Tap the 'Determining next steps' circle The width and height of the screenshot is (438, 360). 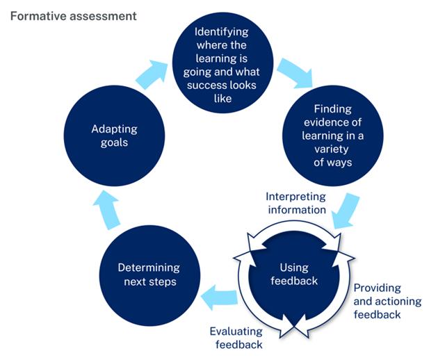148,275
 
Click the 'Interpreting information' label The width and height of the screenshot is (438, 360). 296,202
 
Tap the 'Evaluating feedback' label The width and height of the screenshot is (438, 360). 236,338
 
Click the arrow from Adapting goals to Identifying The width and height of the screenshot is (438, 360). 152,73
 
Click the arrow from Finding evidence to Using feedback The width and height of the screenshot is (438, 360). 346,211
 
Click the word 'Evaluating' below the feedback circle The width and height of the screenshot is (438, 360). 236,332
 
